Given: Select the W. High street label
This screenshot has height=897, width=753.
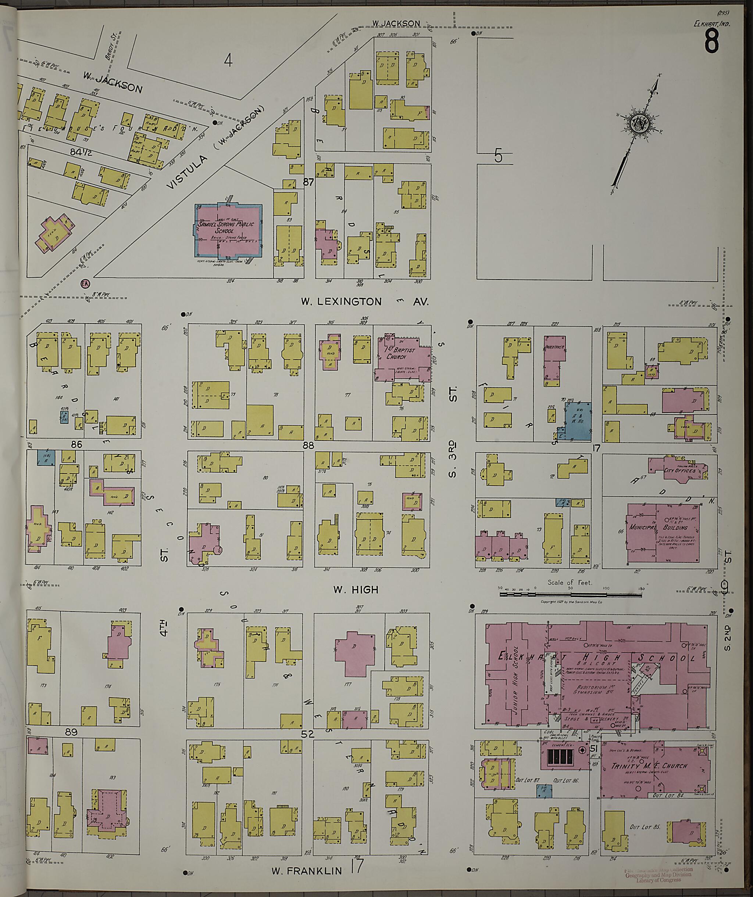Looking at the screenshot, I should pos(356,590).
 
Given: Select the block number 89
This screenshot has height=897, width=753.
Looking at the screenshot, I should pos(71,732).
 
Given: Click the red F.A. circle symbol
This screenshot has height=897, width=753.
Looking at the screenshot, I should pos(84,283).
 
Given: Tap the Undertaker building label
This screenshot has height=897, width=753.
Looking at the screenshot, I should pos(554,347).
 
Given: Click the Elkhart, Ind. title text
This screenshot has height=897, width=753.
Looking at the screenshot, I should pos(711,24).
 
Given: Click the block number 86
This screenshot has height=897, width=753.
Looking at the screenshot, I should pos(76,445).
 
